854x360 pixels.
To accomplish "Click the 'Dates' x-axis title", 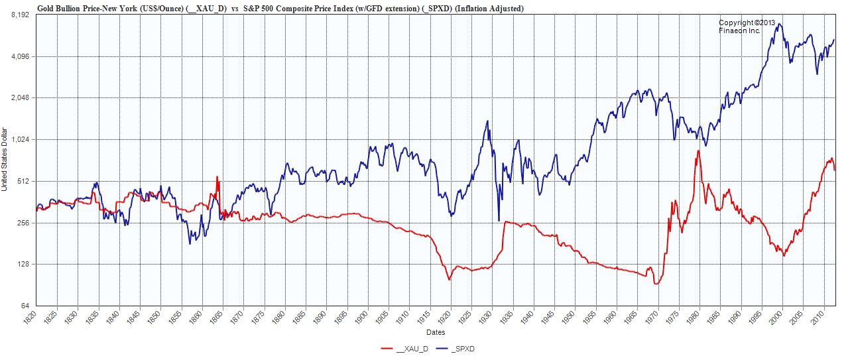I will coord(436,332).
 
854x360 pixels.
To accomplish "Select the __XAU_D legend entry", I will coord(405,348).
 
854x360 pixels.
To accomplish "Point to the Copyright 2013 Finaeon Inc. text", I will coord(747,27).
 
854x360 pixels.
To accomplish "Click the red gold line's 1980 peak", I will coord(698,151).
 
